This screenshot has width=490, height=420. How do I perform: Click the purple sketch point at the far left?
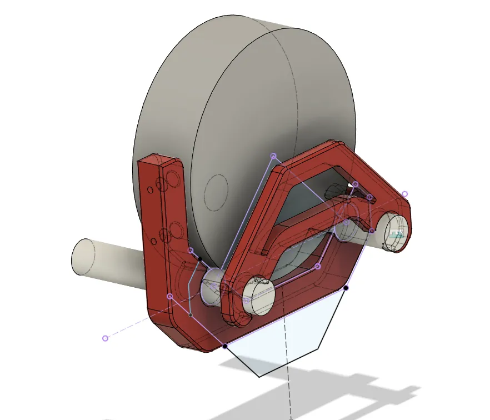pyautogui.click(x=105, y=338)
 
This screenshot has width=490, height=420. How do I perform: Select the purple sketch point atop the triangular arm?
pyautogui.click(x=273, y=156)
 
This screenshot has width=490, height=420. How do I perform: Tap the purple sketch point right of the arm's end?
pyautogui.click(x=404, y=194)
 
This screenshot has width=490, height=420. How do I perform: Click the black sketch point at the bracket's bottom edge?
pyautogui.click(x=225, y=346)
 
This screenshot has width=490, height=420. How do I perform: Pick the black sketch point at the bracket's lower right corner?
pyautogui.click(x=346, y=288)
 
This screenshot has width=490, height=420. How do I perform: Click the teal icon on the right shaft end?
pyautogui.click(x=396, y=234)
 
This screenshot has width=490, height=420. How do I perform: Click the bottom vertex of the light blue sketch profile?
pyautogui.click(x=259, y=377)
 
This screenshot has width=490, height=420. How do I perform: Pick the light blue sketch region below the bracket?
pyautogui.click(x=283, y=339)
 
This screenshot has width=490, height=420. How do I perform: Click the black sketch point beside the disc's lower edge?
pyautogui.click(x=199, y=259)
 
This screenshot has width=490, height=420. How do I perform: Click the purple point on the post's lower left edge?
pyautogui.click(x=170, y=296)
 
